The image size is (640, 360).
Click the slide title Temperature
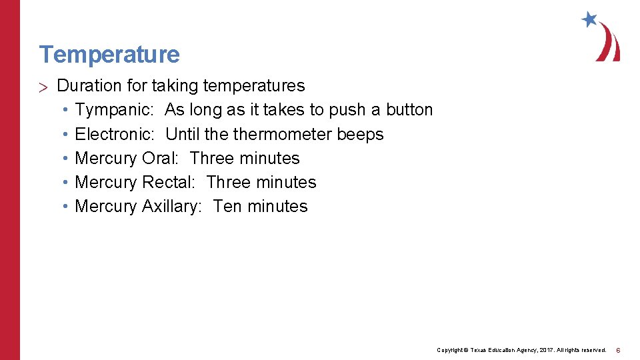109,54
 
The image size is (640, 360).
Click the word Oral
160,158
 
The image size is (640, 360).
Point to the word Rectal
168,182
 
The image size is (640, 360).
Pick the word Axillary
171,207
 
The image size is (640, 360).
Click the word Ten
227,206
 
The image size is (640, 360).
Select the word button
409,110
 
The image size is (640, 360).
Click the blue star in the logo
589,19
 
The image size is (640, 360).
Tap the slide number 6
618,350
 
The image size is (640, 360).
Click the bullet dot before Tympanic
65,110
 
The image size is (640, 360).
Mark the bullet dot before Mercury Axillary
65,207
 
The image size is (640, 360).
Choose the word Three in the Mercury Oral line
212,158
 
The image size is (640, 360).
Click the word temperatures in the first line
254,86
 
